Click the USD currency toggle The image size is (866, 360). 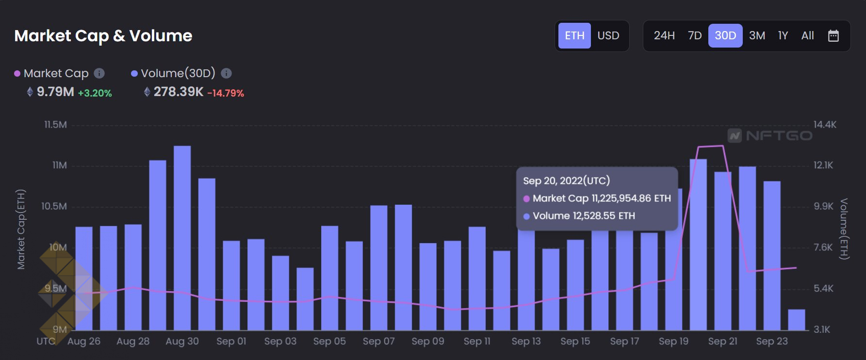[608, 35]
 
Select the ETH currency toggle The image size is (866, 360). [574, 35]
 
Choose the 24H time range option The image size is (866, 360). [664, 35]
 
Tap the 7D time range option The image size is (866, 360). [695, 35]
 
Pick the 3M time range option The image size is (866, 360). [757, 35]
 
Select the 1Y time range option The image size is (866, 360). [783, 35]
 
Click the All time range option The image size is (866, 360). [808, 35]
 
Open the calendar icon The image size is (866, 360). [833, 35]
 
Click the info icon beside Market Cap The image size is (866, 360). [99, 73]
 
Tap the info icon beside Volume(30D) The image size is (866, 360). [226, 73]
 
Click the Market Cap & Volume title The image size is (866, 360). [103, 35]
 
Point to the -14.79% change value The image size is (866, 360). [226, 93]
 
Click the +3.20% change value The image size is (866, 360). [95, 93]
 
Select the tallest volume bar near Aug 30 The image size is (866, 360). [182, 238]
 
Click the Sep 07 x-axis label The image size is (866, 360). [379, 341]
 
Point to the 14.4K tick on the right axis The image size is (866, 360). [825, 125]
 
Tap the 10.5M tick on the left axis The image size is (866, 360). [54, 206]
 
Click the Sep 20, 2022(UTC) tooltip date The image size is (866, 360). [566, 180]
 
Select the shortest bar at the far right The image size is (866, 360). [796, 320]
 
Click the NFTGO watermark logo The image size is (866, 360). [770, 135]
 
